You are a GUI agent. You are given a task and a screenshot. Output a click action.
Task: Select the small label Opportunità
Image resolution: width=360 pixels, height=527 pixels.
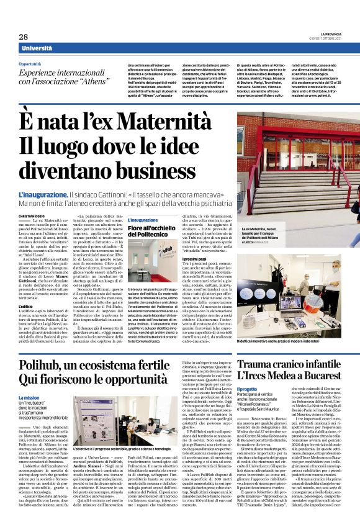(x=30, y=63)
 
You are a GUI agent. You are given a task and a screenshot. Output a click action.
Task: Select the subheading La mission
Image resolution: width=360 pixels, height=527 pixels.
(x=29, y=398)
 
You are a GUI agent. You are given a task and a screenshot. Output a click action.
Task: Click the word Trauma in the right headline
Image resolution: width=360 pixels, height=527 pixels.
(x=257, y=363)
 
